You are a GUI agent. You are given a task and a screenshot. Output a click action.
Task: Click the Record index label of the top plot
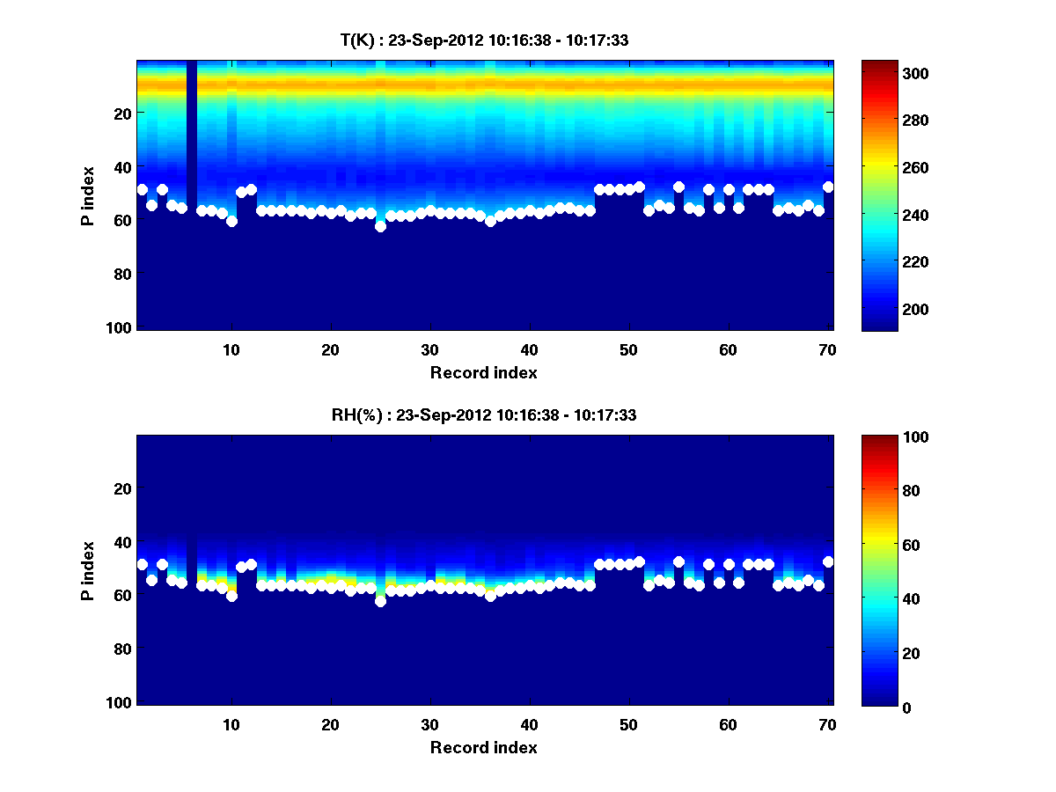pyautogui.click(x=483, y=373)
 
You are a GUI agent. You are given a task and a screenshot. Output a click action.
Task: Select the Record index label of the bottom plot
pyautogui.click(x=483, y=748)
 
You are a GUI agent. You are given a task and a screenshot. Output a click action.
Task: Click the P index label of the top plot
pyautogui.click(x=87, y=195)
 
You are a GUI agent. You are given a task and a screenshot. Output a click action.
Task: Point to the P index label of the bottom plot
pyautogui.click(x=87, y=570)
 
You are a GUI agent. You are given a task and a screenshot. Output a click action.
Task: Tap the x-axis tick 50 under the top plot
pyautogui.click(x=628, y=349)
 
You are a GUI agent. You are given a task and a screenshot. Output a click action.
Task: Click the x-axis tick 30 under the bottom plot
pyautogui.click(x=429, y=724)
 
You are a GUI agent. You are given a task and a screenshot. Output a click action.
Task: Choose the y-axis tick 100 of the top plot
pyautogui.click(x=121, y=327)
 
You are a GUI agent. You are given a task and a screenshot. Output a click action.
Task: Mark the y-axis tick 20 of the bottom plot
pyautogui.click(x=123, y=488)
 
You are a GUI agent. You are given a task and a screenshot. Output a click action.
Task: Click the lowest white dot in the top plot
pyautogui.click(x=380, y=226)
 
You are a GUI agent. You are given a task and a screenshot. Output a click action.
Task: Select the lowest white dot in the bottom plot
pyautogui.click(x=380, y=601)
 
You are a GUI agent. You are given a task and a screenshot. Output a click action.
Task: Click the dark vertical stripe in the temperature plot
pyautogui.click(x=192, y=114)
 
